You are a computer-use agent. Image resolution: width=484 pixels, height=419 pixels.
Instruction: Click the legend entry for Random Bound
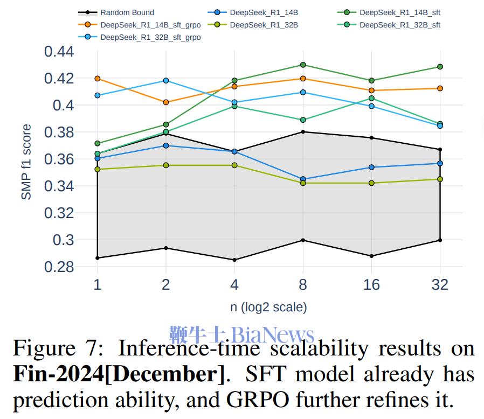click(x=127, y=12)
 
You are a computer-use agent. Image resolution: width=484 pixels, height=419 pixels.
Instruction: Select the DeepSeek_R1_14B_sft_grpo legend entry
click(x=150, y=25)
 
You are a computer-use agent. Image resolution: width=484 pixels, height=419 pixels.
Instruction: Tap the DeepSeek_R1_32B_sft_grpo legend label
click(x=150, y=37)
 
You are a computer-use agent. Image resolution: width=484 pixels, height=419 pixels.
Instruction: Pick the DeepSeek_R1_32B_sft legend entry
click(x=399, y=25)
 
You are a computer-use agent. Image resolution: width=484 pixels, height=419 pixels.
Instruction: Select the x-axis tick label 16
click(x=371, y=284)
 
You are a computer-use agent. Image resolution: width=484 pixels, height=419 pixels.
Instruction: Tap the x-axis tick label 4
click(x=234, y=284)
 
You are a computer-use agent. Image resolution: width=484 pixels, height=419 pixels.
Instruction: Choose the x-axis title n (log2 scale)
click(x=268, y=308)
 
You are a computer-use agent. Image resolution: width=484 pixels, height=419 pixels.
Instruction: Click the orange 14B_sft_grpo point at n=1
click(x=98, y=79)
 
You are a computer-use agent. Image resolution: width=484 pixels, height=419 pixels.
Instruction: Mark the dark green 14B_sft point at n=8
click(x=303, y=65)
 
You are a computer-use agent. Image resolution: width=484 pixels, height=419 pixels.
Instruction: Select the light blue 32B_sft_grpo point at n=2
click(x=166, y=81)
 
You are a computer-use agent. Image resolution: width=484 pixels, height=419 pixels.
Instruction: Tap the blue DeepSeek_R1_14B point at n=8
click(x=303, y=179)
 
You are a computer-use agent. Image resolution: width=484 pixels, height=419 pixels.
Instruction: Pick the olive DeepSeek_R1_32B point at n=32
click(x=440, y=179)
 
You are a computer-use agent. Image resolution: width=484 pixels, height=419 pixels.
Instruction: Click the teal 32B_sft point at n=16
click(x=371, y=99)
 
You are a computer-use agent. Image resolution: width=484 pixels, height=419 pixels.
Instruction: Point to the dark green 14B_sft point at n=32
click(x=440, y=67)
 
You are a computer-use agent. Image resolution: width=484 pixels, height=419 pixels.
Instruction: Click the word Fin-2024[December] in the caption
click(x=118, y=373)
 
